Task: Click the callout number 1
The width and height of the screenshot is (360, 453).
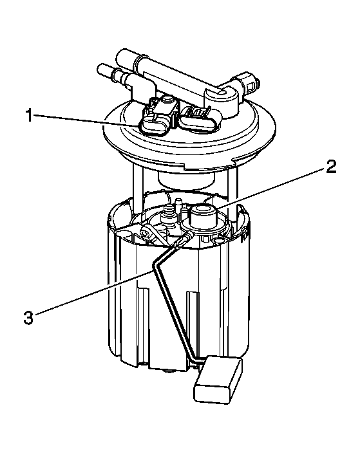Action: (29, 116)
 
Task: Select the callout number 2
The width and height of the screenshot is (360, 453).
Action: (331, 167)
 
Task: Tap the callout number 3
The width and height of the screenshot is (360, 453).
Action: (28, 317)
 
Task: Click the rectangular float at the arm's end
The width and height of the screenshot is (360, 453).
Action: (218, 379)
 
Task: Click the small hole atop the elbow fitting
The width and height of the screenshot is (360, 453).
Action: (221, 93)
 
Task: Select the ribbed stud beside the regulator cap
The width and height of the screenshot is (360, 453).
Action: (169, 214)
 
